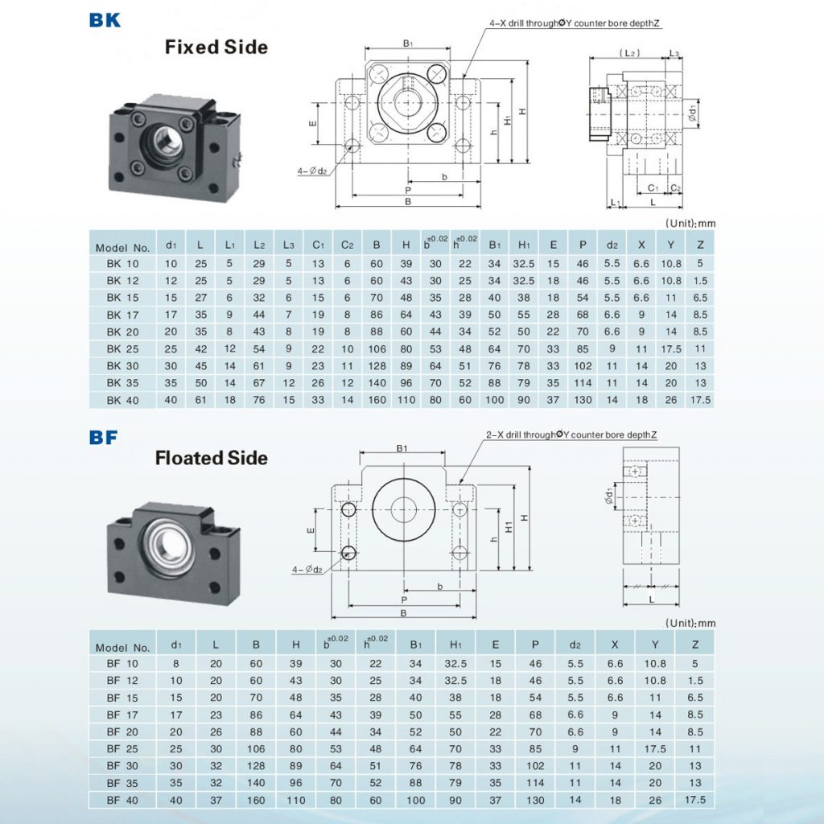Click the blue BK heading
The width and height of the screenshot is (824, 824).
[x=105, y=19]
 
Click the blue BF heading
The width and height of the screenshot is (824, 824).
[x=104, y=438]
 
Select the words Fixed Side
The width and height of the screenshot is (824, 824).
[x=216, y=47]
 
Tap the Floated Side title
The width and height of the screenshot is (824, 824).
[x=211, y=458]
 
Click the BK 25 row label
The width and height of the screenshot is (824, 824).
[x=122, y=349]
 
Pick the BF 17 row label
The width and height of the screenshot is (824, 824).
[x=122, y=715]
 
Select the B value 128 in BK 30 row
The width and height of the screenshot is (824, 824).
[x=376, y=366]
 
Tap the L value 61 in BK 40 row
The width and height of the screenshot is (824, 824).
[x=200, y=400]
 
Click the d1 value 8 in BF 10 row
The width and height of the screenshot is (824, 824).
[x=176, y=664]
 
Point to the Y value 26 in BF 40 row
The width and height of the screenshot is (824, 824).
[x=655, y=800]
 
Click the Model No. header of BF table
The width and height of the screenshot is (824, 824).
[x=122, y=647]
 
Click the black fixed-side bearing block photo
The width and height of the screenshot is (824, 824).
[x=173, y=146]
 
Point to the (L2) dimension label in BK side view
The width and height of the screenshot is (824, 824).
[x=629, y=52]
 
